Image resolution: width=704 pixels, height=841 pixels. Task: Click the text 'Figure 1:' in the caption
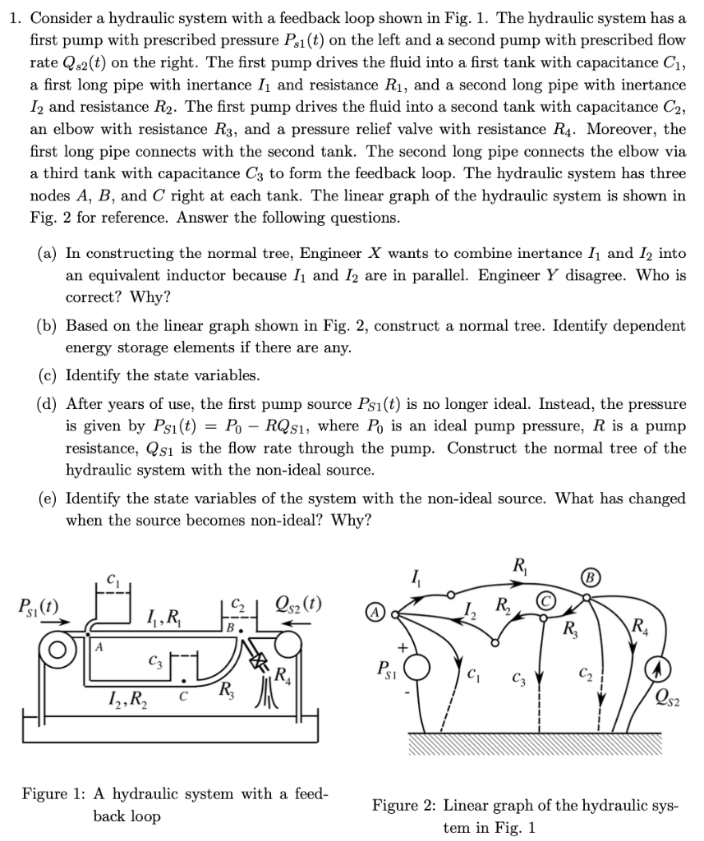pos(55,794)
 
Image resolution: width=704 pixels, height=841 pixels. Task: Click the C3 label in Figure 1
pos(155,660)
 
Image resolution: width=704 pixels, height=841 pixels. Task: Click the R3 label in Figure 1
pos(222,691)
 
